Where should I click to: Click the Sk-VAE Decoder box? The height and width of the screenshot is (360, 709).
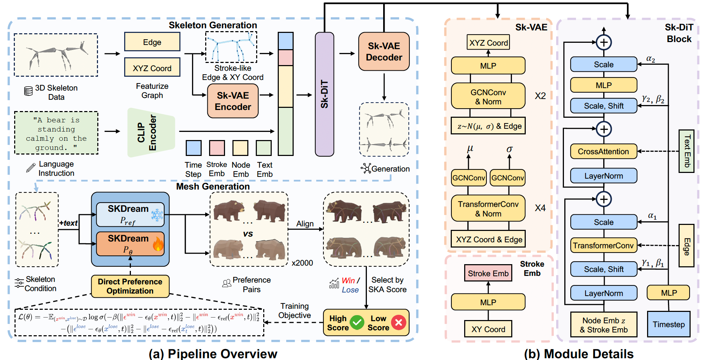384,52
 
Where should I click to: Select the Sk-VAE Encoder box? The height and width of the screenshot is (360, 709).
233,101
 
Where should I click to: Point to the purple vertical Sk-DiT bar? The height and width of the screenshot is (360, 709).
324,94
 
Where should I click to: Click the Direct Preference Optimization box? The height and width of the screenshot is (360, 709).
130,286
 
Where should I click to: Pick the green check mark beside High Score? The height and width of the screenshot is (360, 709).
357,323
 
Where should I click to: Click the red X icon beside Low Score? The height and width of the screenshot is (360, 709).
398,323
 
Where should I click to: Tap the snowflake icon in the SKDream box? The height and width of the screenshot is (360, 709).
157,215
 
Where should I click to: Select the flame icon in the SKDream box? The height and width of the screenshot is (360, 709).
158,244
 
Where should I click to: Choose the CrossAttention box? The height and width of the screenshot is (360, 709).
604,151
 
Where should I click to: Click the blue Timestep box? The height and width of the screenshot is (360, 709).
669,324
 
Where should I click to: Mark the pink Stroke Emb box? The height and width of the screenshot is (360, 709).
488,273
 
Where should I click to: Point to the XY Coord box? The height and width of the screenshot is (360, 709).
488,329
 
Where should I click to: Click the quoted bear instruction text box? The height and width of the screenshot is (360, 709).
56,133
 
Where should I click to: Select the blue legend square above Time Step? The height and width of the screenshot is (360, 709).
194,148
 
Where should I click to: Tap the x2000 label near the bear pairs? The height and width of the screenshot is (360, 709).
302,263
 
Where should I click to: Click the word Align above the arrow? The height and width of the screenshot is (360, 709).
305,224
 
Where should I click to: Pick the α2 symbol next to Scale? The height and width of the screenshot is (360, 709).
651,59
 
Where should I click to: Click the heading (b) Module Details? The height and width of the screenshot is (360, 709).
578,354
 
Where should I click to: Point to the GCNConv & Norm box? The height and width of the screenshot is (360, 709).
488,97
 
